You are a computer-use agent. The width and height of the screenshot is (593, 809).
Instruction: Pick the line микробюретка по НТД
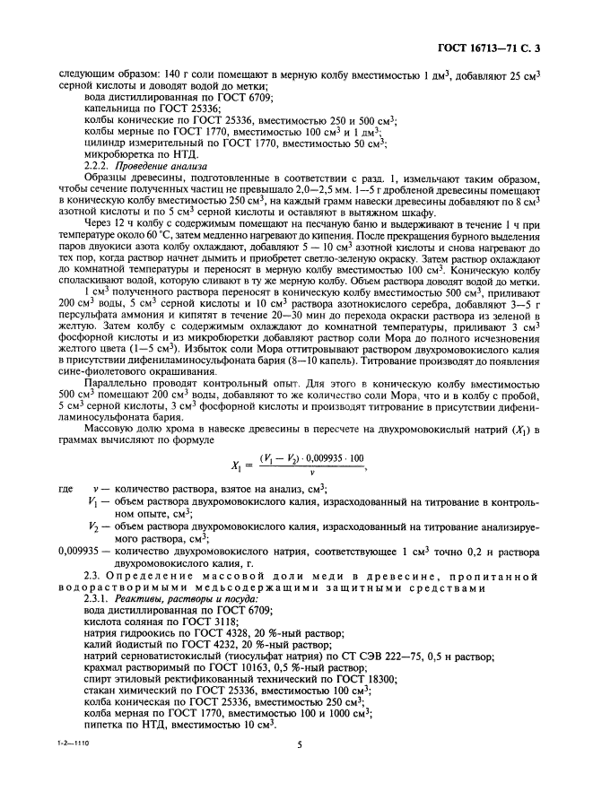coord(133,155)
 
